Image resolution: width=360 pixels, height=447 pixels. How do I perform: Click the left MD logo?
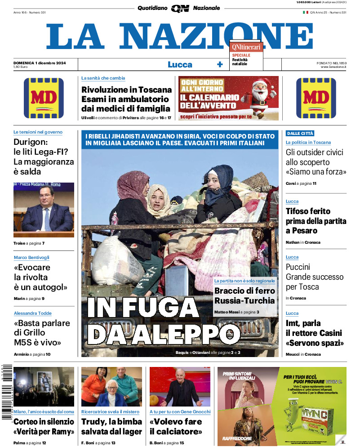44,98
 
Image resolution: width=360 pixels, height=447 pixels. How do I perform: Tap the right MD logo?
316,98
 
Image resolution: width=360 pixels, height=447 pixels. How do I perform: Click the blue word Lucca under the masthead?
180,64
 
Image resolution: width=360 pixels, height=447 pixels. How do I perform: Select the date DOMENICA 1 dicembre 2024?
40,63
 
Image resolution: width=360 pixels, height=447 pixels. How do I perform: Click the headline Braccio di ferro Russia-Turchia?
244,295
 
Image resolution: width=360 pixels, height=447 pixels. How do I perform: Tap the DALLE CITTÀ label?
300,133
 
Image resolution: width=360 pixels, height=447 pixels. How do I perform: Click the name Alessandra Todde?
33,313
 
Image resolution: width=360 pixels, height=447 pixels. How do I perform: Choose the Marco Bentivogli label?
31,257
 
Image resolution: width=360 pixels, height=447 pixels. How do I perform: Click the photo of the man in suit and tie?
44,210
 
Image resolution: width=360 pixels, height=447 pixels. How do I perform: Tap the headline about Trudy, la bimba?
111,426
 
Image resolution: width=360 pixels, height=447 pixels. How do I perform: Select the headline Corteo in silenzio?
44,426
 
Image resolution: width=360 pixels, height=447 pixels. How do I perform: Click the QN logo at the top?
180,8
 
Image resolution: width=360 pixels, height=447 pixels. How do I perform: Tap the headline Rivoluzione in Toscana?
126,99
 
